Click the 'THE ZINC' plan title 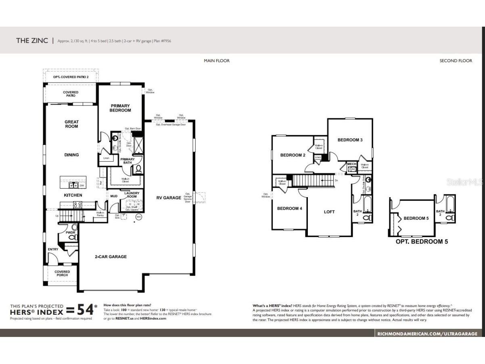tap(32, 40)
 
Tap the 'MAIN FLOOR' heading tap(217, 61)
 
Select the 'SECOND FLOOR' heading tap(456, 61)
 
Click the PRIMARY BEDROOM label tap(120, 108)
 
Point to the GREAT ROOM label tap(71, 124)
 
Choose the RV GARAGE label tap(169, 198)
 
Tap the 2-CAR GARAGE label tap(111, 257)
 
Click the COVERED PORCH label tap(62, 274)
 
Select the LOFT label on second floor tap(329, 212)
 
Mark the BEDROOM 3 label tap(350, 140)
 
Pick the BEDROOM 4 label tap(289, 208)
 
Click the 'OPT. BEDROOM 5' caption tap(422, 242)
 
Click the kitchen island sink tap(73, 185)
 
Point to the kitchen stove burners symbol tap(77, 204)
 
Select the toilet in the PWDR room tap(72, 237)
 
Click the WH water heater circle tap(138, 217)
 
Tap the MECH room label tap(351, 164)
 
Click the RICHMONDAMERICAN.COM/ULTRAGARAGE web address tap(427, 333)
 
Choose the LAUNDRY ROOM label tap(132, 195)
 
